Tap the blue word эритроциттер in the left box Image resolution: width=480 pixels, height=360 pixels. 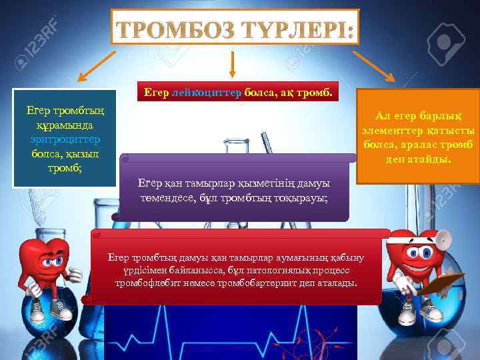coord(56,139)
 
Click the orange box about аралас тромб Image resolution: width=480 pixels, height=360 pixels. coord(417,137)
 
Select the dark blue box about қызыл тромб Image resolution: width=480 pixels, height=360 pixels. coord(56,139)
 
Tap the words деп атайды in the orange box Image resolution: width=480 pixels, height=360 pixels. coord(417,161)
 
